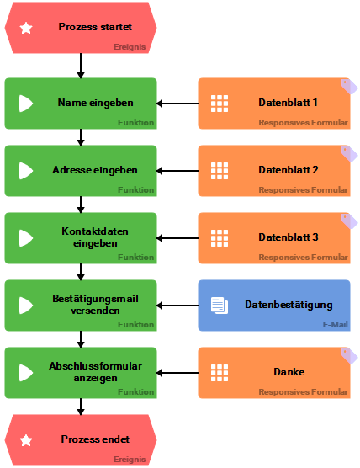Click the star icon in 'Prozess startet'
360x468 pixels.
coord(26,28)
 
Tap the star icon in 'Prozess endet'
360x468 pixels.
coord(26,439)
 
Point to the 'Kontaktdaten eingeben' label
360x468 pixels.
coord(95,237)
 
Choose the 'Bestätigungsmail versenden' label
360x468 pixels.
coord(95,305)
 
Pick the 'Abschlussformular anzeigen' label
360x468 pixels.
coord(95,372)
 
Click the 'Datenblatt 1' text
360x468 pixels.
coord(288,103)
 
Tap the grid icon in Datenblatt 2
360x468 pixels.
coord(220,171)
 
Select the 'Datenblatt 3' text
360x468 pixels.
coord(288,237)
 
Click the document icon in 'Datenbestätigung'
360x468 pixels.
coord(219,306)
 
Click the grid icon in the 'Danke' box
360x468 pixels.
coord(220,373)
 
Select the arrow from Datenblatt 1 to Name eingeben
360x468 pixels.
coord(177,104)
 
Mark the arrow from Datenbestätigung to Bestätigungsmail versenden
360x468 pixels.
coord(177,306)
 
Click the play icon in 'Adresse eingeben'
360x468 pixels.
coord(26,171)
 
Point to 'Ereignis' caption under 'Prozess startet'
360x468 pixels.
coord(130,47)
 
